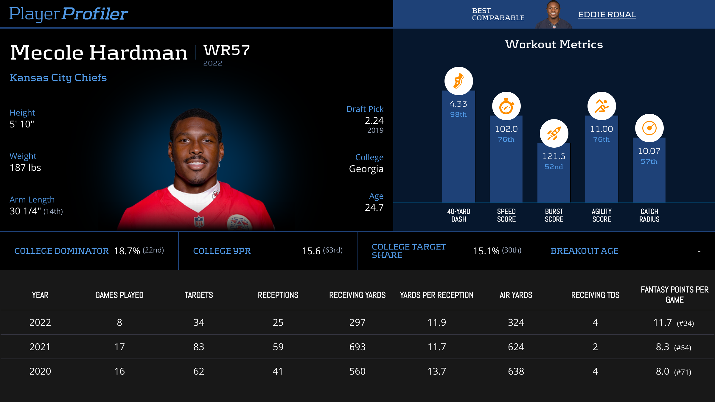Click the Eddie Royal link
click(607, 14)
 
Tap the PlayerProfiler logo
click(69, 14)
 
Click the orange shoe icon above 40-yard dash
click(458, 81)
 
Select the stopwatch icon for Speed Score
click(506, 106)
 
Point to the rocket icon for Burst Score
click(554, 133)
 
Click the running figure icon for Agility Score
click(601, 106)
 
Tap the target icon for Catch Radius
click(649, 128)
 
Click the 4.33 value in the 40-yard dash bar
click(458, 104)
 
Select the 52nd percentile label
click(554, 167)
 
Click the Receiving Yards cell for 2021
click(357, 347)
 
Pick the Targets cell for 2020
click(199, 371)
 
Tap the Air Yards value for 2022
click(516, 322)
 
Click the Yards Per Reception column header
click(436, 295)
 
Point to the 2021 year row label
click(40, 347)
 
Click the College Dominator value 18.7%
click(127, 251)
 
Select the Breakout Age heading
click(585, 251)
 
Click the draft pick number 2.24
click(374, 121)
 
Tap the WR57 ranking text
click(227, 50)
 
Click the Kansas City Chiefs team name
click(58, 77)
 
